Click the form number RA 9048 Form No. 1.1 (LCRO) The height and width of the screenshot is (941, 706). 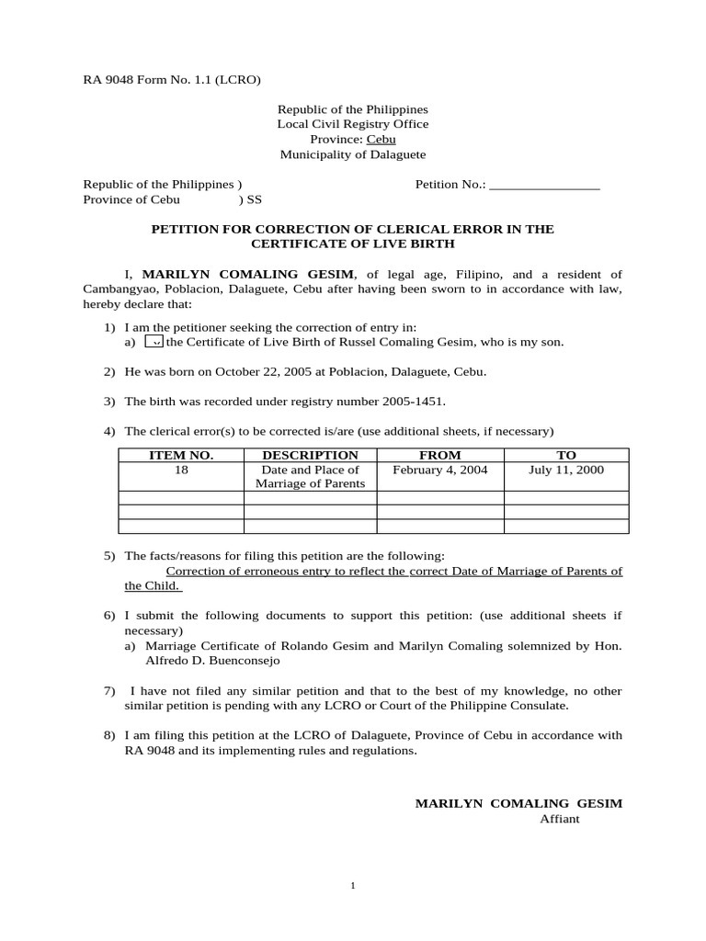click(172, 80)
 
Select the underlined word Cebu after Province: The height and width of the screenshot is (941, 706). click(381, 140)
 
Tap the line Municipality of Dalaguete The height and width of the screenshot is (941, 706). click(352, 155)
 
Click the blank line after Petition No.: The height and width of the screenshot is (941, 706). click(544, 185)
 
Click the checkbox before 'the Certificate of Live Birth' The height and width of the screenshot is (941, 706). click(154, 342)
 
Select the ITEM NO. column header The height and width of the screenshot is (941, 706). click(181, 455)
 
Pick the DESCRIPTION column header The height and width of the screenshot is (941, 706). click(310, 455)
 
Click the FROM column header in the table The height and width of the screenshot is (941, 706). click(439, 455)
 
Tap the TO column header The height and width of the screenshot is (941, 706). click(566, 455)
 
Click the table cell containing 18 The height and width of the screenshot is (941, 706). click(181, 470)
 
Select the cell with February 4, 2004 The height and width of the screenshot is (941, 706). click(439, 470)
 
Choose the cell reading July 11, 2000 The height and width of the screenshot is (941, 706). click(566, 470)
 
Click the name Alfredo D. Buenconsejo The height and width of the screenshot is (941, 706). click(211, 660)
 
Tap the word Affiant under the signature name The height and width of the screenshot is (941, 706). click(559, 819)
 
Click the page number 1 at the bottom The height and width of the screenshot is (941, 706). click(353, 886)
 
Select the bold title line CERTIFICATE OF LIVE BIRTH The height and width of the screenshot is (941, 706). click(353, 244)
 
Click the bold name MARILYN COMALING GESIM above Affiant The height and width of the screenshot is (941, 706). click(518, 803)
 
